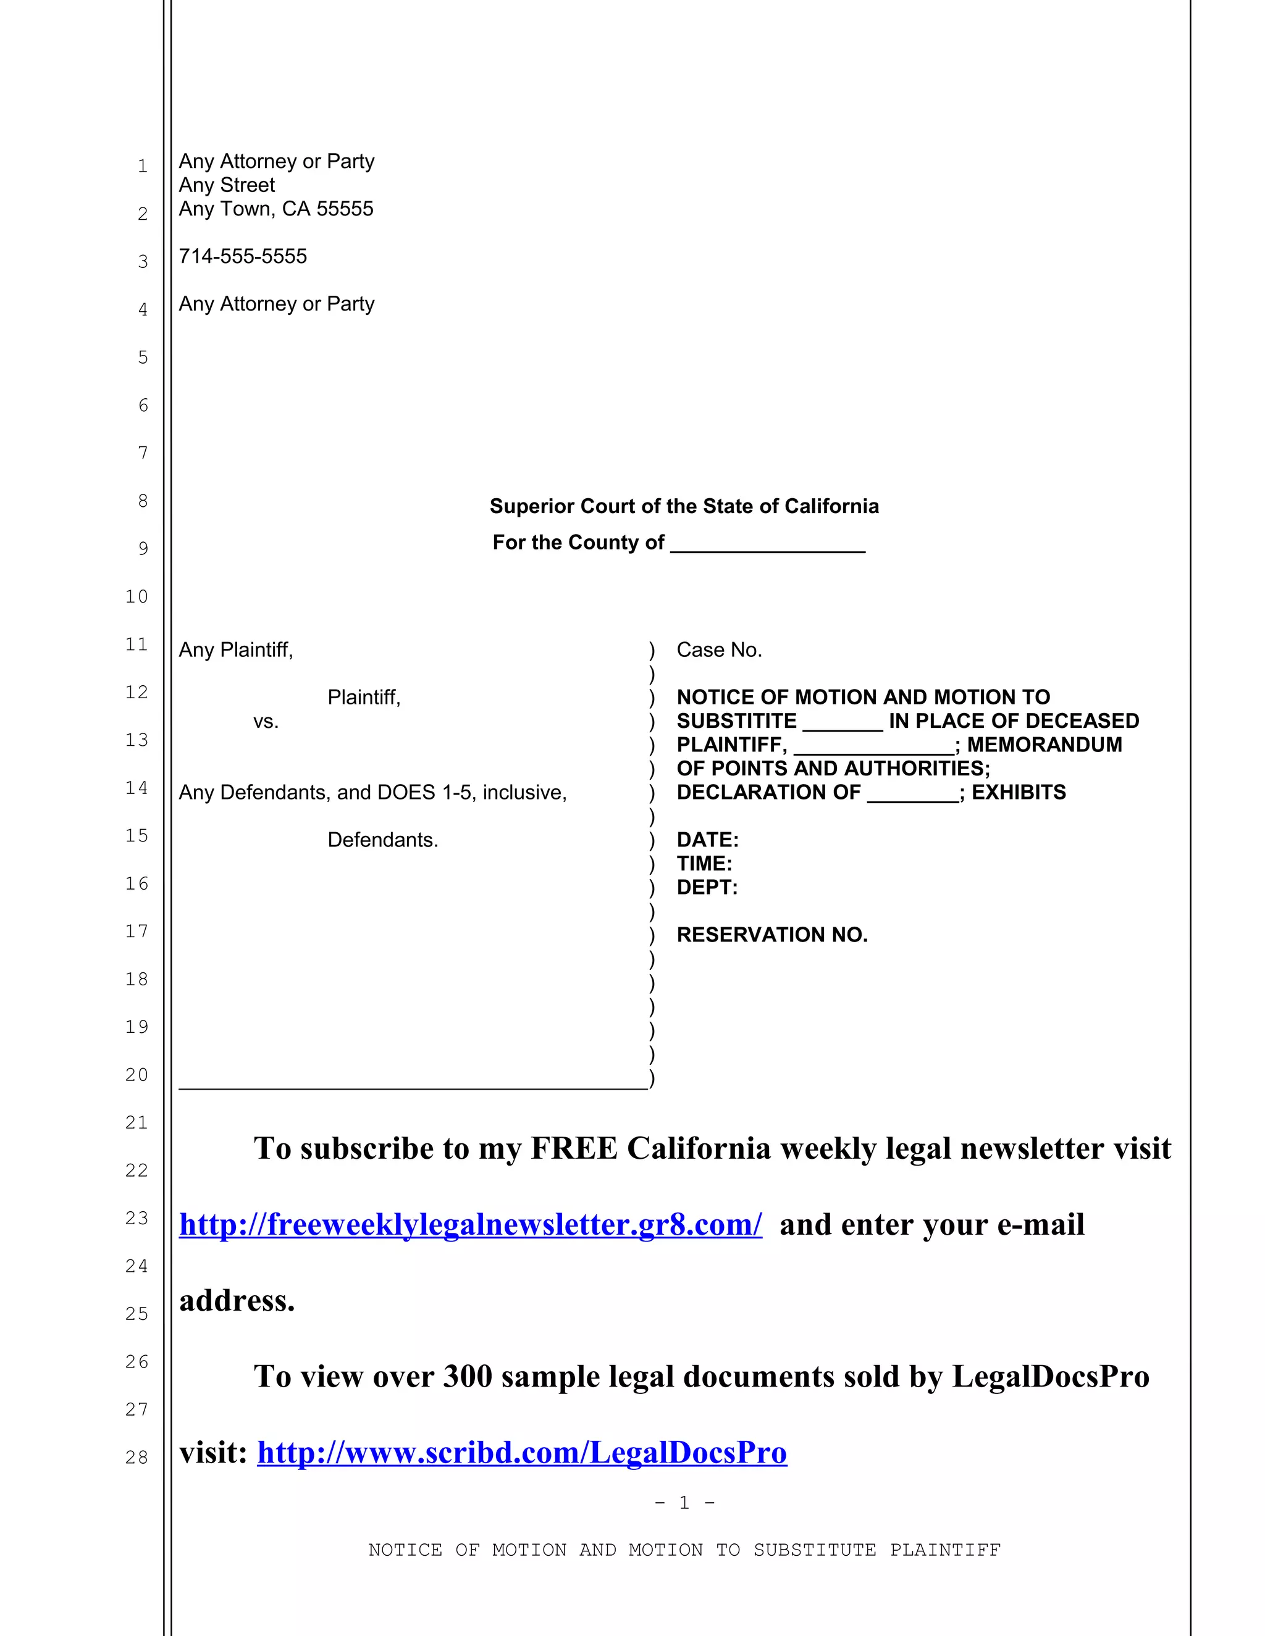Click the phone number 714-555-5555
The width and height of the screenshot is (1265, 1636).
click(242, 256)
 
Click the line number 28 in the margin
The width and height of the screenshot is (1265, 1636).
click(137, 1457)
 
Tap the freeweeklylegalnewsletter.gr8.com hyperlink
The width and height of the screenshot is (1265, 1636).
click(471, 1225)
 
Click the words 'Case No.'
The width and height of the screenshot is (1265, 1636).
click(719, 649)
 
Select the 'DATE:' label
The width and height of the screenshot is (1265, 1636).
click(707, 840)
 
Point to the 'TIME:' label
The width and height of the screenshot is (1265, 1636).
click(704, 864)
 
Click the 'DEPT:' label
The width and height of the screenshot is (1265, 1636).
click(707, 888)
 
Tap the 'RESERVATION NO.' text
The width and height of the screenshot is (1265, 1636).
click(772, 935)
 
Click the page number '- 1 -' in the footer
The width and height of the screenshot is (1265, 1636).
click(684, 1502)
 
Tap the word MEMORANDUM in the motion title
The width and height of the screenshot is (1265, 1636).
click(1044, 745)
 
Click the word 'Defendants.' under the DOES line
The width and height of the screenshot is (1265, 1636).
click(382, 840)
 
